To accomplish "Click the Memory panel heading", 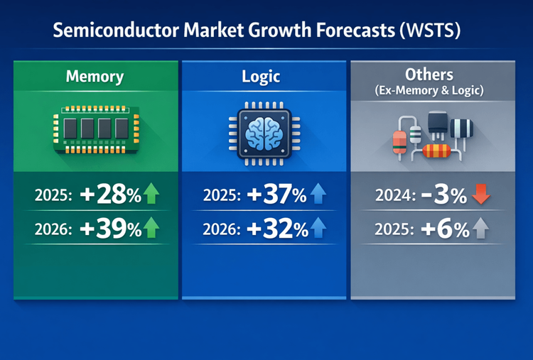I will point(95,77).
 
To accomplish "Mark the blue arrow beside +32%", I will point(318,229).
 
